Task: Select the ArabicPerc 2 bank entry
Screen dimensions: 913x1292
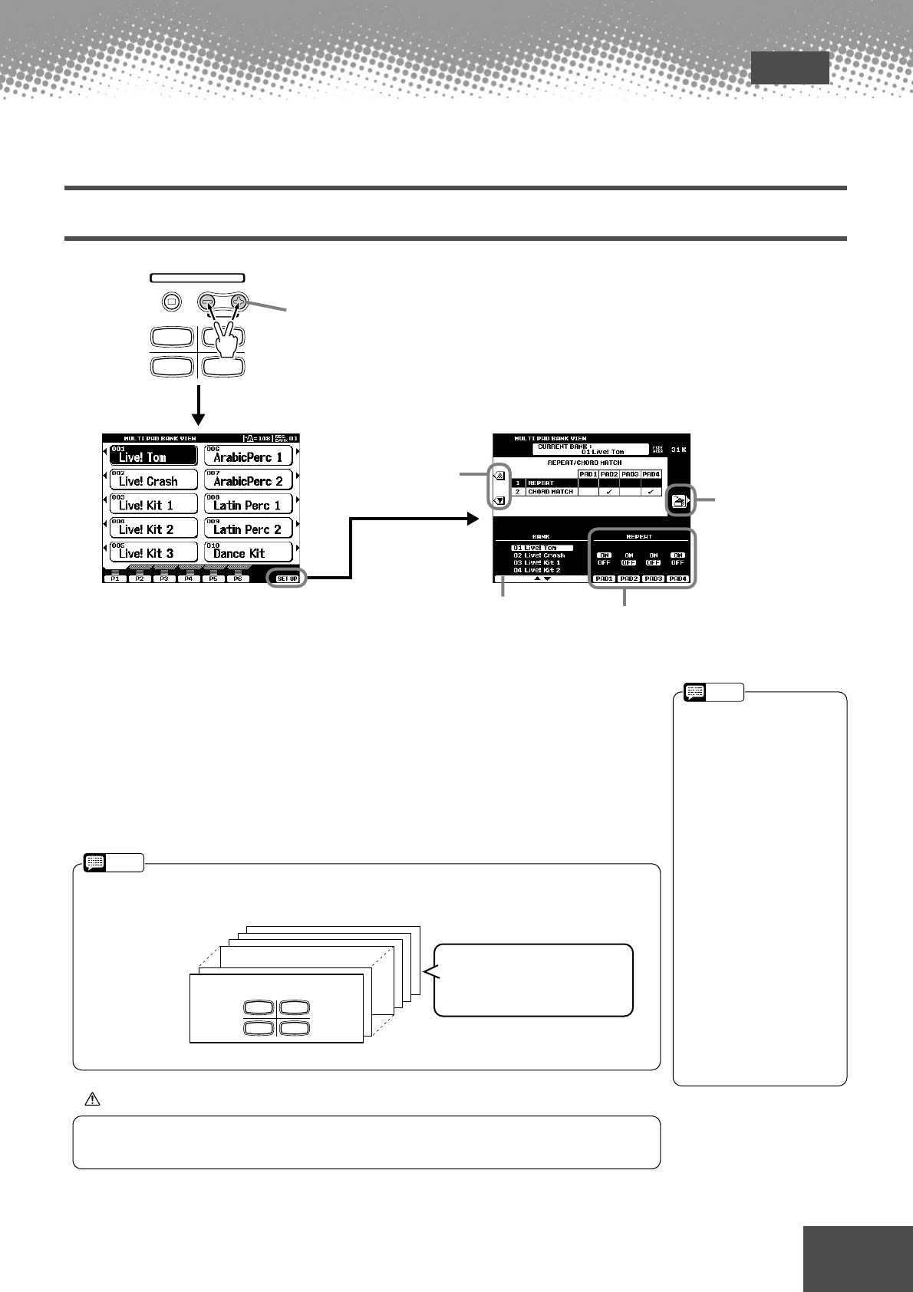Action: [x=248, y=480]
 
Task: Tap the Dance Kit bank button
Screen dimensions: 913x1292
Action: [x=248, y=552]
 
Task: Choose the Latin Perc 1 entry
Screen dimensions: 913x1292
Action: [x=248, y=504]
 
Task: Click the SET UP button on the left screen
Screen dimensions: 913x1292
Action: [x=287, y=578]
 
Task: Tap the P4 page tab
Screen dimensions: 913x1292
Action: [x=188, y=578]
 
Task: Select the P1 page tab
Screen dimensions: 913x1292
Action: [x=114, y=578]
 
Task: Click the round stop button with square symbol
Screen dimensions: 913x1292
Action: [x=172, y=302]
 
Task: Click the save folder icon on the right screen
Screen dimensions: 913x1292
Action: [x=678, y=502]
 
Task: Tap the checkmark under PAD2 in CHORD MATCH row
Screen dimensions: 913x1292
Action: [x=609, y=491]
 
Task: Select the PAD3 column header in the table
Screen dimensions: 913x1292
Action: [x=630, y=474]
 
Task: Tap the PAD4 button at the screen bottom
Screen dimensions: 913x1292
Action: [x=677, y=578]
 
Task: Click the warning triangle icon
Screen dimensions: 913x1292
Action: [x=92, y=1099]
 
